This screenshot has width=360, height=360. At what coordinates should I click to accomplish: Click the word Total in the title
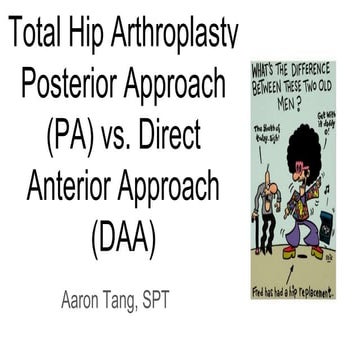[x=39, y=37]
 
